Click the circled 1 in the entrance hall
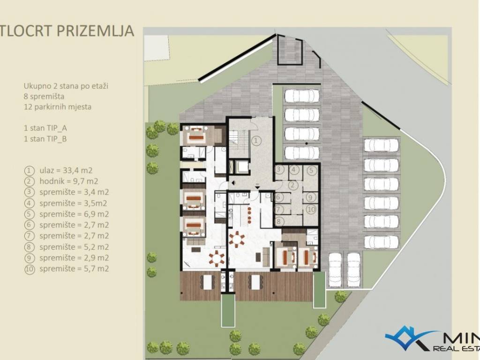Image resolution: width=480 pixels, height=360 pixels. pyautogui.click(x=256, y=141)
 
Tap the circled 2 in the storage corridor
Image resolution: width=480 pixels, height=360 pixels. pyautogui.click(x=293, y=185)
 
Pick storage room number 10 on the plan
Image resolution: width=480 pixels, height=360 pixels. pyautogui.click(x=311, y=210)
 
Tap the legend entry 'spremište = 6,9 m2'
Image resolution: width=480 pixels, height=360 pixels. pyautogui.click(x=67, y=214)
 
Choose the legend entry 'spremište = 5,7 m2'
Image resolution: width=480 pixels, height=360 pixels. pyautogui.click(x=67, y=269)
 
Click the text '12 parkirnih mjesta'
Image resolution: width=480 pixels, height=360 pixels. pyautogui.click(x=58, y=107)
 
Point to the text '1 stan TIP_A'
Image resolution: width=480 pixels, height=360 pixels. pyautogui.click(x=45, y=128)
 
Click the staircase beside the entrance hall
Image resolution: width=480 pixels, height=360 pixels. pyautogui.click(x=239, y=139)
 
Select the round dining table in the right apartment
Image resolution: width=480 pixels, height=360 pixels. pyautogui.click(x=237, y=239)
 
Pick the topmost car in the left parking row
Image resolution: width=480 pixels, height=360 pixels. pyautogui.click(x=302, y=96)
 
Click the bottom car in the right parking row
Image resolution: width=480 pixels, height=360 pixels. pyautogui.click(x=382, y=242)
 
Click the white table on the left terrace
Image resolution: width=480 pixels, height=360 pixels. pyautogui.click(x=208, y=282)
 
